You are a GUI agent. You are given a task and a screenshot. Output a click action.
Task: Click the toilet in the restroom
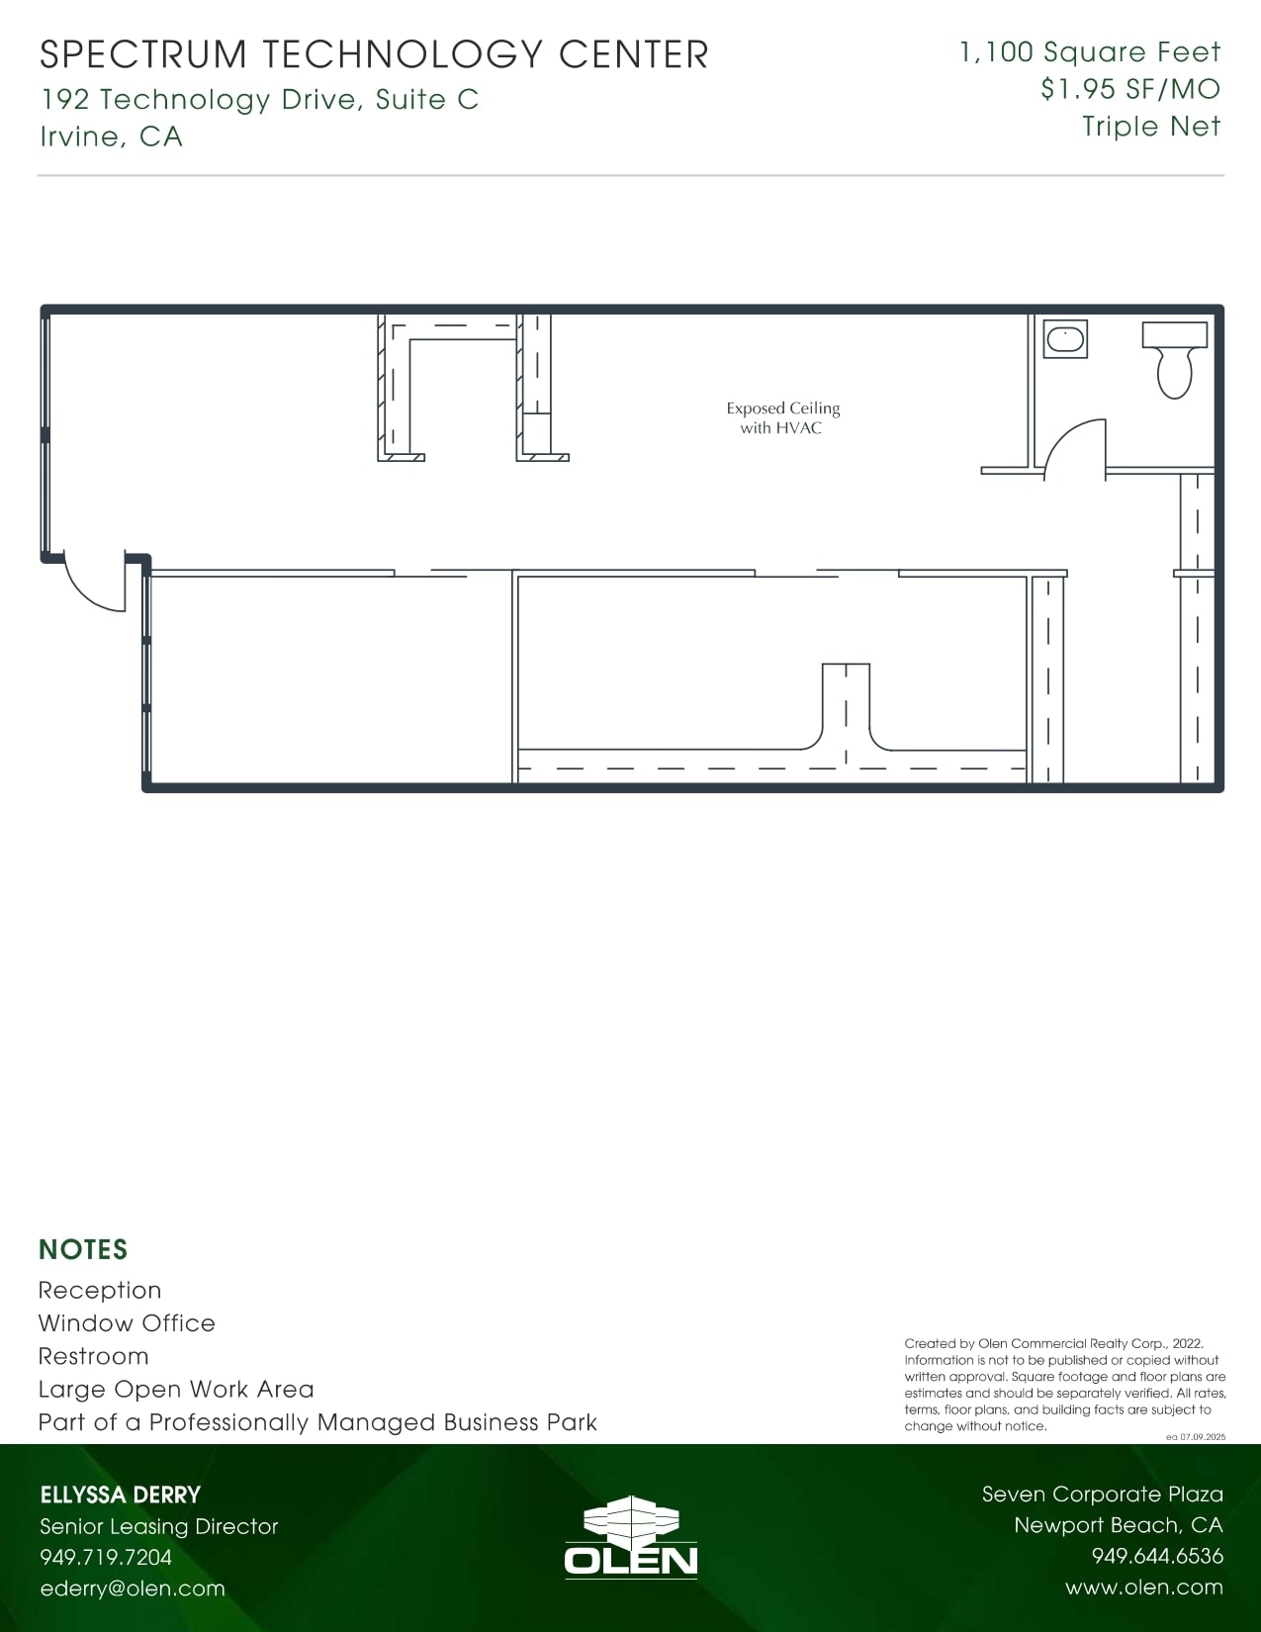click(1175, 359)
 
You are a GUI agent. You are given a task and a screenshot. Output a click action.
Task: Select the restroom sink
click(1065, 339)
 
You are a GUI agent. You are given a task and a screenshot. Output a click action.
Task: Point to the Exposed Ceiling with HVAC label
click(782, 417)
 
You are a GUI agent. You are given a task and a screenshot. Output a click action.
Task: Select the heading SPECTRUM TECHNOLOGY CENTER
click(374, 54)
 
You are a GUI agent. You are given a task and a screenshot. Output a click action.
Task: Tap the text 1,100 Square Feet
click(1090, 52)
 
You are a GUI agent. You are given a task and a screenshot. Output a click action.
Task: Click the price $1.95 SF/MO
click(1129, 89)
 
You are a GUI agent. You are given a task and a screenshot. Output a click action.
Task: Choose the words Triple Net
click(1150, 127)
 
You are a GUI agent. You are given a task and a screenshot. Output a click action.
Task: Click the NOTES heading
click(83, 1249)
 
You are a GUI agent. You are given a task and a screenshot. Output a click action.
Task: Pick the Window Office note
click(127, 1323)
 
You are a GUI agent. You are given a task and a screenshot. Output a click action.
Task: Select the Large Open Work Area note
click(176, 1390)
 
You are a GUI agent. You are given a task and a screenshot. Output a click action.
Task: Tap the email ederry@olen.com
click(133, 1588)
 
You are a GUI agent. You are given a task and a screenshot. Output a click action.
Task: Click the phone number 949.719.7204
click(106, 1558)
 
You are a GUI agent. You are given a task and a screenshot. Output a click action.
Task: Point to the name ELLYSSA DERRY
click(121, 1495)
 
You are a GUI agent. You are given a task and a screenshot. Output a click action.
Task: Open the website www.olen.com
click(1143, 1587)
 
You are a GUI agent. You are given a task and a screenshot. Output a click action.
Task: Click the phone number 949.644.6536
click(1156, 1557)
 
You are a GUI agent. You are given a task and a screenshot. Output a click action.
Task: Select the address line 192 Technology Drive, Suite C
click(259, 99)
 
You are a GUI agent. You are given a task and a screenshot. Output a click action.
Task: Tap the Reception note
click(100, 1291)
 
